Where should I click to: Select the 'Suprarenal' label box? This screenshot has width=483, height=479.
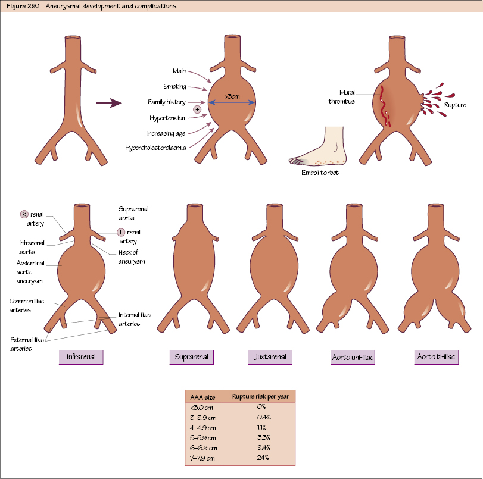click(x=191, y=357)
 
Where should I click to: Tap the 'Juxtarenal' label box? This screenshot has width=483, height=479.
click(x=270, y=357)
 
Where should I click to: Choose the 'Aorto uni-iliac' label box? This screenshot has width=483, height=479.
click(x=353, y=357)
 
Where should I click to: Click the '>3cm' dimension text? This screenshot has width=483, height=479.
click(x=232, y=96)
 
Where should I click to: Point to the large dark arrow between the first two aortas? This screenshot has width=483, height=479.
click(x=108, y=103)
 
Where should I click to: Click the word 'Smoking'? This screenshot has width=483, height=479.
click(x=174, y=87)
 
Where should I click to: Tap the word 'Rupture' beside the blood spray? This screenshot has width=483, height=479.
click(x=455, y=105)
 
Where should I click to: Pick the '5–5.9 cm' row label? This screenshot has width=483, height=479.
click(x=203, y=437)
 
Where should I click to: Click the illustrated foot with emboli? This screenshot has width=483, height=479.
click(x=319, y=149)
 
